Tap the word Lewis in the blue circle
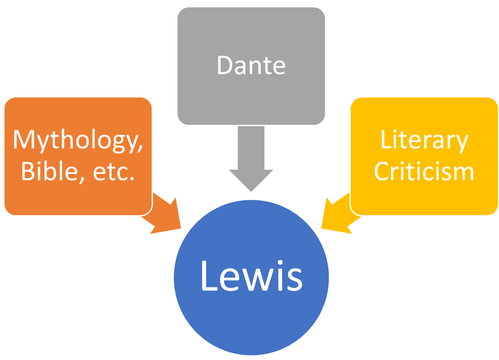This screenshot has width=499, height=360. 251,276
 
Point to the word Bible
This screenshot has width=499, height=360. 50,171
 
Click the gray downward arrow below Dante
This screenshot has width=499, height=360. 251,158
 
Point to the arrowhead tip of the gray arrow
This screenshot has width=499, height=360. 251,191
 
